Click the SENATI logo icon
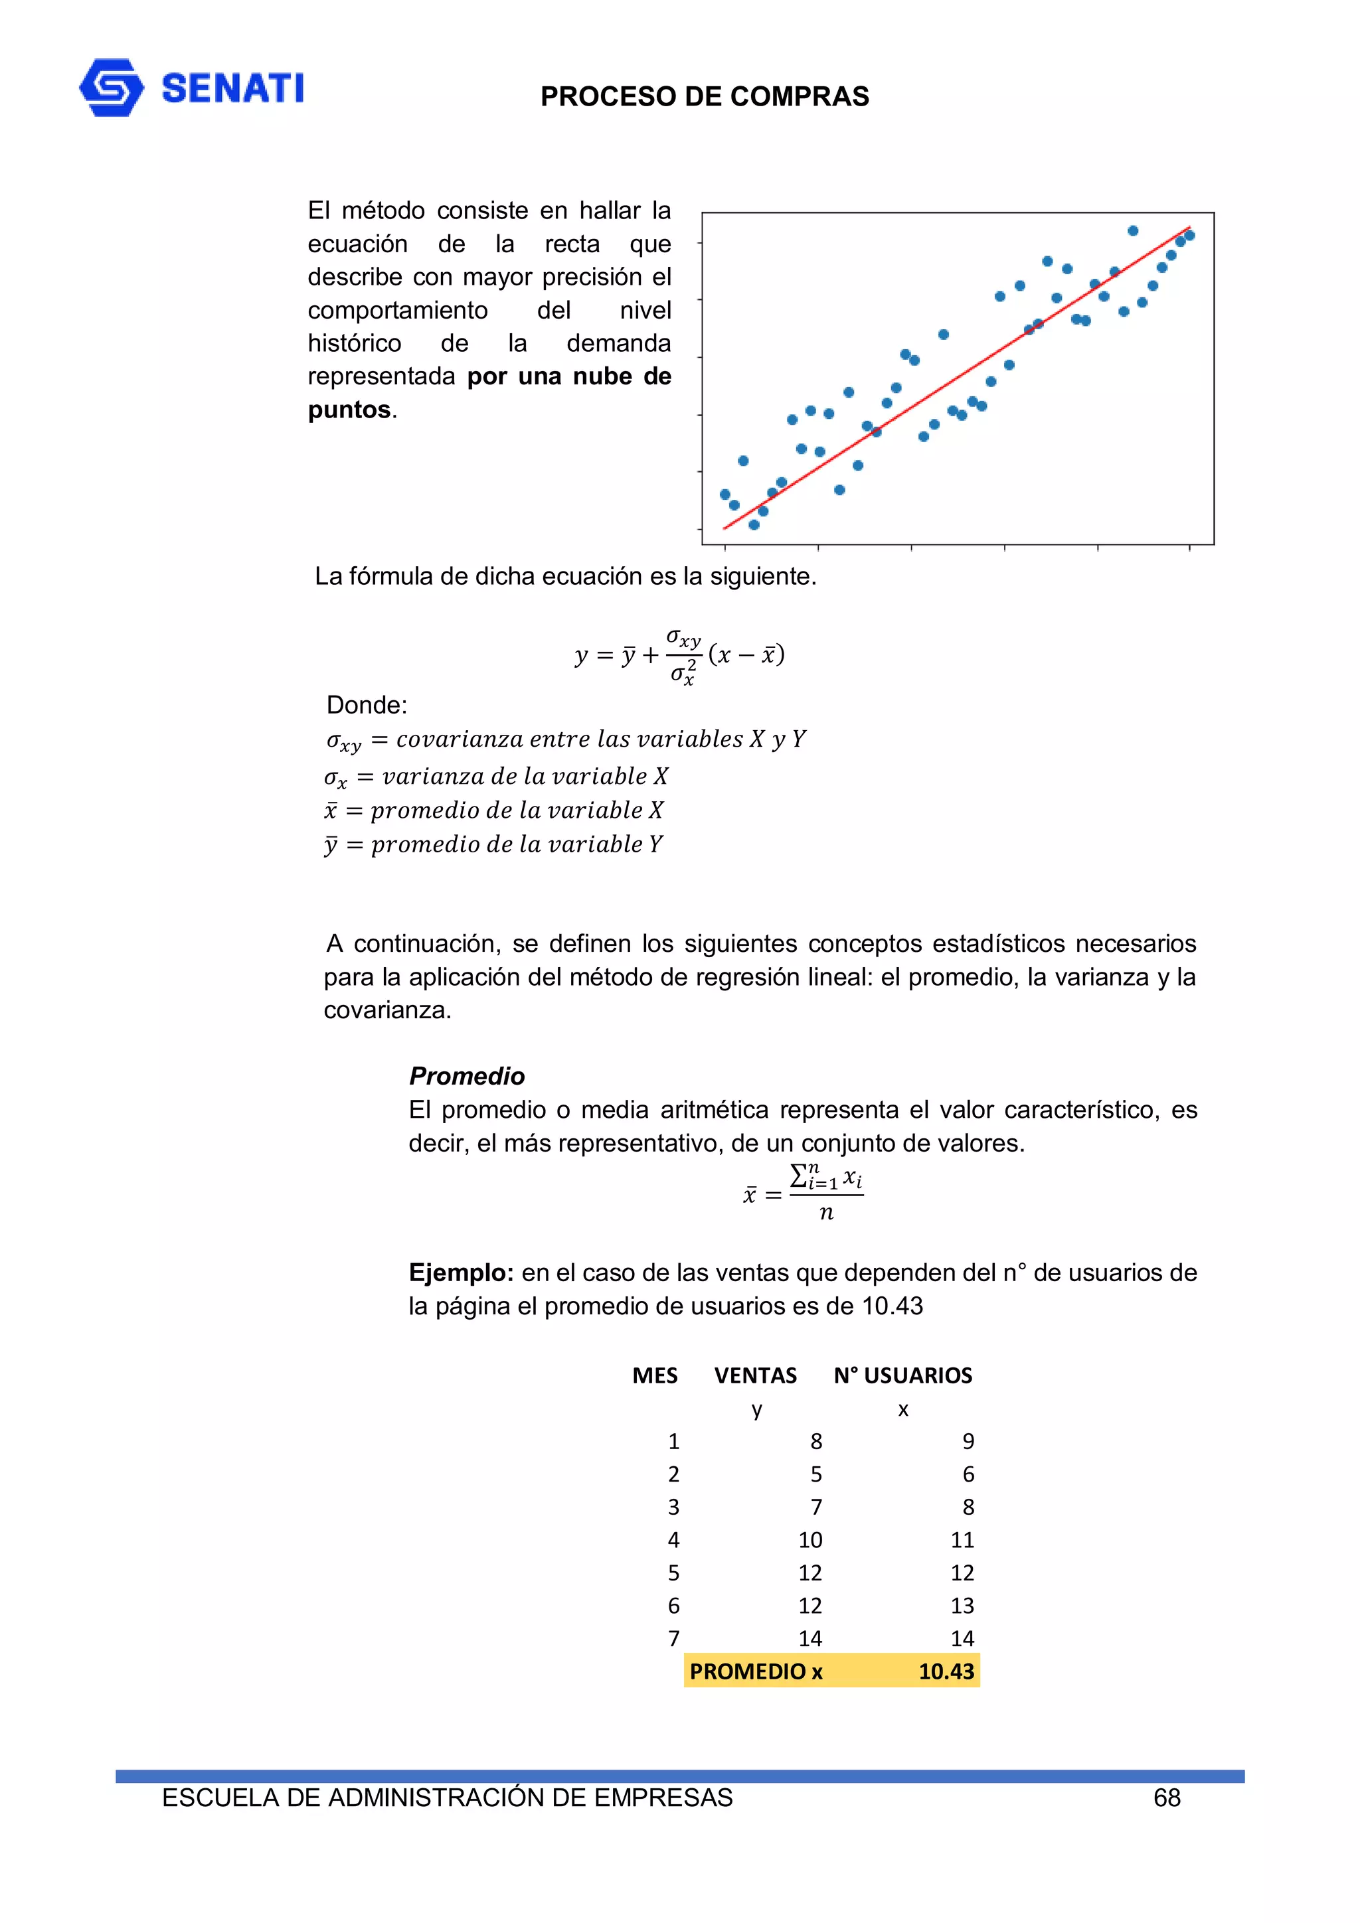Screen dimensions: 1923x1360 [111, 87]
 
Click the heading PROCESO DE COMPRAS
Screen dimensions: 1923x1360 [704, 96]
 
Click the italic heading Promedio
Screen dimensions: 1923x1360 [467, 1076]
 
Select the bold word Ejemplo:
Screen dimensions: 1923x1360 [460, 1273]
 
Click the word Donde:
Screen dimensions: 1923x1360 [366, 705]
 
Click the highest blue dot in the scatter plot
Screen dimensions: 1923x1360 [1132, 230]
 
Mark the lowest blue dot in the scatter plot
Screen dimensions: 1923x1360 [753, 525]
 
